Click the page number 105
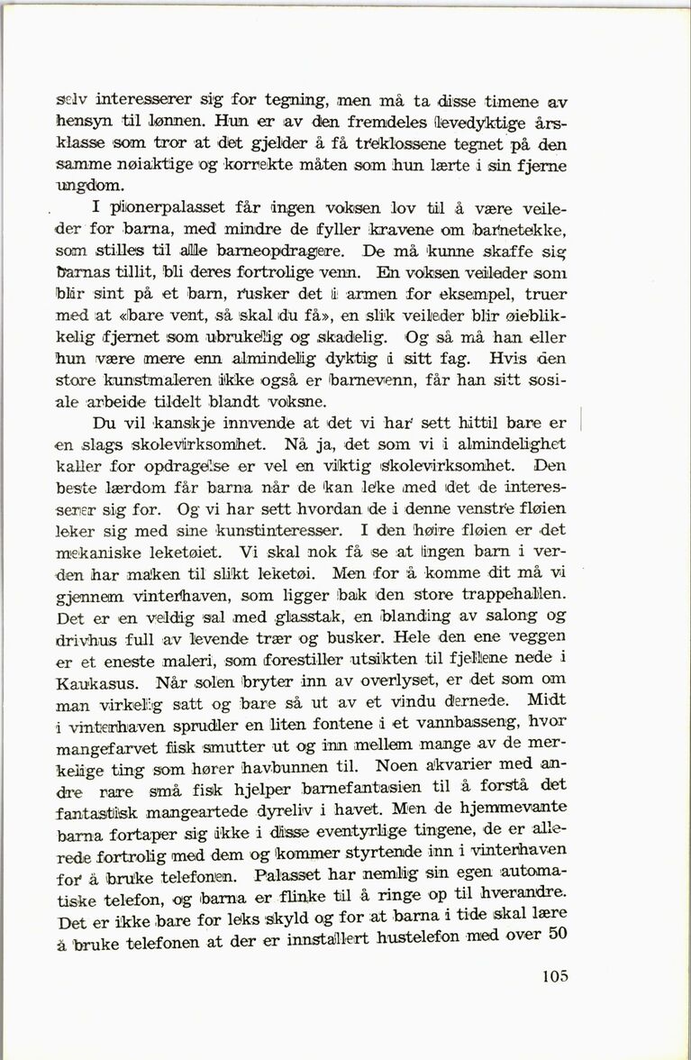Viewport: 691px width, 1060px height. pos(559,976)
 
